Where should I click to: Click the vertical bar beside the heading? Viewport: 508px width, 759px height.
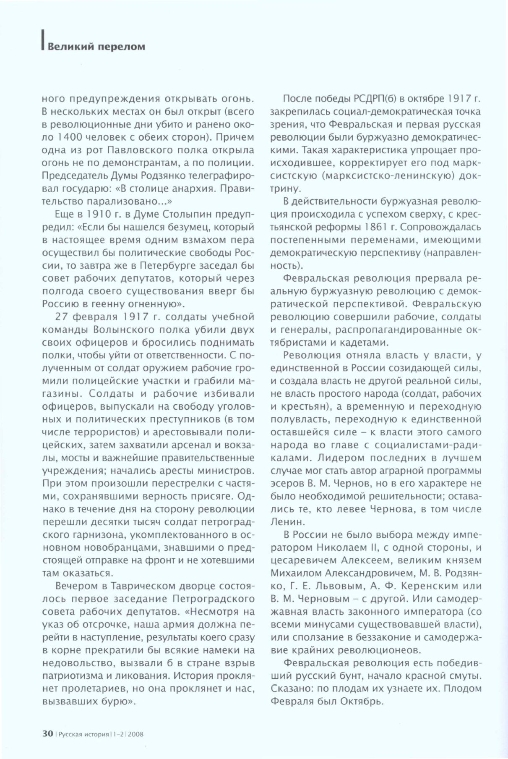tap(42, 42)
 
